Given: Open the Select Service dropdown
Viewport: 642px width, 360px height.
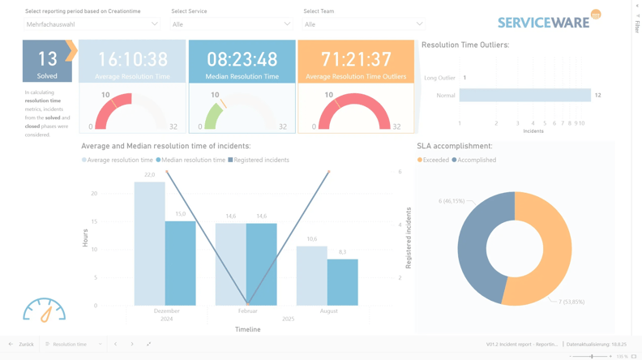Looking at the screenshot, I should [x=231, y=24].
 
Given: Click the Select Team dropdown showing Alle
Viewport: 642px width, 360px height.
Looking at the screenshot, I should [x=363, y=24].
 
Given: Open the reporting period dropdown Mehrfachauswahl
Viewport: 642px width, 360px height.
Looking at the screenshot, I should [x=92, y=24].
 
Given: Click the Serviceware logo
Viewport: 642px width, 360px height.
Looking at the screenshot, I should [x=549, y=20].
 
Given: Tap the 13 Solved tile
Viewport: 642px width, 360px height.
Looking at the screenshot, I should [x=47, y=62].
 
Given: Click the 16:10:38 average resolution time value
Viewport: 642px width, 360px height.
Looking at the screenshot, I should [x=132, y=59].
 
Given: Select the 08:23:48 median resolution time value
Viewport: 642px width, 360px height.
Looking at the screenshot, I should [x=242, y=59].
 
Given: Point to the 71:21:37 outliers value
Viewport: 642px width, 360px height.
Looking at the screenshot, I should [x=356, y=59].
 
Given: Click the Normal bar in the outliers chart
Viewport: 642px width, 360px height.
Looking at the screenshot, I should [x=524, y=96].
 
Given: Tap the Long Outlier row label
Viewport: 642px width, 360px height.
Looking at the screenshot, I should [x=439, y=78].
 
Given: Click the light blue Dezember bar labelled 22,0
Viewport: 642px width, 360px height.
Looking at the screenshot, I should [x=149, y=243].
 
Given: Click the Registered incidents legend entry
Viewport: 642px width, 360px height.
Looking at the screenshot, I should [x=259, y=161].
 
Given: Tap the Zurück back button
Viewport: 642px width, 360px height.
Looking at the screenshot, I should [x=21, y=345].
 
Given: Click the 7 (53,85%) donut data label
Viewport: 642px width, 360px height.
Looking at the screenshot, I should [x=571, y=302].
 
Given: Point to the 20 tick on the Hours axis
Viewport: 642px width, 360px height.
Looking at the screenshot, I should [x=95, y=194].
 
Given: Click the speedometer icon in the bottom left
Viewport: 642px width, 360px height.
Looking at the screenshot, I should [x=45, y=310].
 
